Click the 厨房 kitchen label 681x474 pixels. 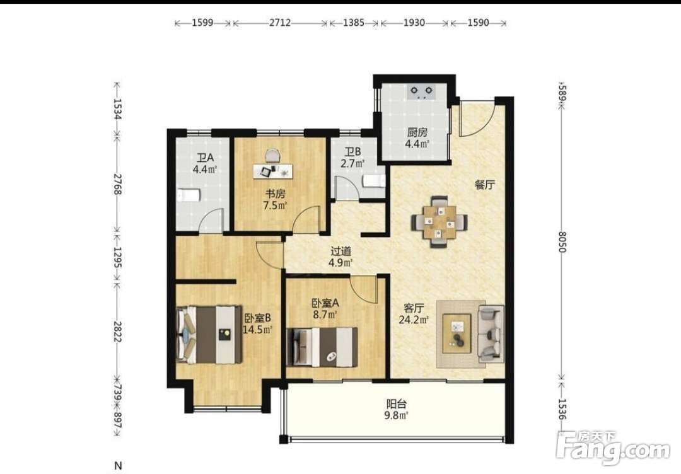[417, 132]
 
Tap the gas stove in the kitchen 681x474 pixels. [422, 92]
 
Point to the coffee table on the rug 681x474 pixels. [457, 333]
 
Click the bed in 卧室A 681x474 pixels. [322, 347]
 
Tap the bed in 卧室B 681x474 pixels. [209, 334]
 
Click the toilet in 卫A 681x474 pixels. [189, 195]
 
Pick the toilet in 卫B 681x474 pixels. [374, 180]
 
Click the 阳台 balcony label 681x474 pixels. [397, 404]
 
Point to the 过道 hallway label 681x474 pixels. [341, 251]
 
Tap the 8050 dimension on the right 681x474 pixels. [562, 242]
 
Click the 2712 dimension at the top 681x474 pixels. [280, 23]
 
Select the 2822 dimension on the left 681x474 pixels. [117, 331]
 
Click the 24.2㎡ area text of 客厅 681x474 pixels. [414, 320]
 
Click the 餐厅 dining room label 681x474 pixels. [484, 185]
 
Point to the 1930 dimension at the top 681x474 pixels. [414, 23]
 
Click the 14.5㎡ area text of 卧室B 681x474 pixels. [257, 330]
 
